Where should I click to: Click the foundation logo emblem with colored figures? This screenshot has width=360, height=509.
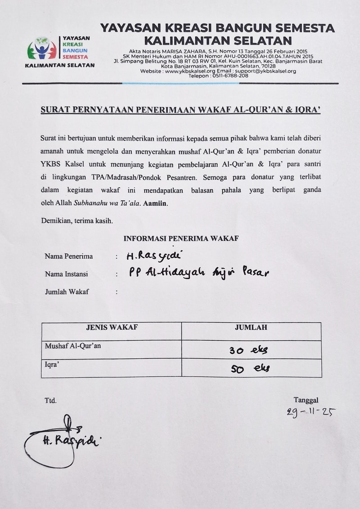(42, 49)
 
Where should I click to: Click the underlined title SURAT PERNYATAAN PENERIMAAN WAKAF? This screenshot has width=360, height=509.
(180, 110)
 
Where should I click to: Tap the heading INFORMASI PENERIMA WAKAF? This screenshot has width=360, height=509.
(181, 238)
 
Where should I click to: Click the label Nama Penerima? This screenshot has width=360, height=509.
(69, 256)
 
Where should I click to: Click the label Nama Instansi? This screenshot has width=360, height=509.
(66, 274)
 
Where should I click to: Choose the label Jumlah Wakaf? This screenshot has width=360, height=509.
(67, 292)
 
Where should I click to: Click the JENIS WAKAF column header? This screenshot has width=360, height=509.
(112, 327)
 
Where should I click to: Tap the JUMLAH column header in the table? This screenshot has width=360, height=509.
(251, 327)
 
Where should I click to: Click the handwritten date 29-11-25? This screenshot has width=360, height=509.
(311, 412)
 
